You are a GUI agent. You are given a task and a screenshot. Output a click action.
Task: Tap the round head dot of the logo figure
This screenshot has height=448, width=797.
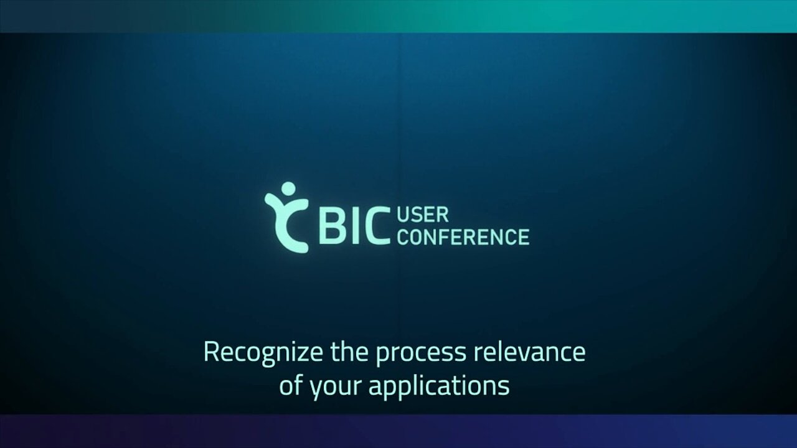[288, 189]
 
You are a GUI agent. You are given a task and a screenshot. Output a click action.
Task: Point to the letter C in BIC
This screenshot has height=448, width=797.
[377, 226]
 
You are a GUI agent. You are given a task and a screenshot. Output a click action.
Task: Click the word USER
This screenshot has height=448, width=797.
[423, 215]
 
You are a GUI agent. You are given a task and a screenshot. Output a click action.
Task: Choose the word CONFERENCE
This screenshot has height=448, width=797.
[463, 237]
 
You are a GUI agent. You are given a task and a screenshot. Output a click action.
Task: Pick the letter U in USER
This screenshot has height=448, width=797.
[403, 215]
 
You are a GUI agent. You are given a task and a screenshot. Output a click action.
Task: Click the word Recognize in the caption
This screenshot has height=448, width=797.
[263, 353]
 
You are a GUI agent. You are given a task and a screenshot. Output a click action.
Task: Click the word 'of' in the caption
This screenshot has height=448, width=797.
[291, 385]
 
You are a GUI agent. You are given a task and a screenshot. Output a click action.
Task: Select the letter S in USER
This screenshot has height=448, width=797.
[417, 215]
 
